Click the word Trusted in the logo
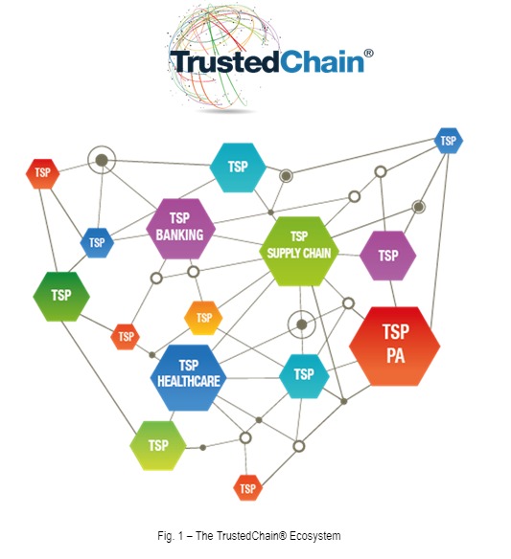(x=224, y=61)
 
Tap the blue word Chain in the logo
(x=322, y=61)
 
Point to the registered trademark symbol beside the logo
(x=368, y=54)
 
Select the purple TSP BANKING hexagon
(x=180, y=229)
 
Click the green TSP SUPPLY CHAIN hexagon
(x=299, y=251)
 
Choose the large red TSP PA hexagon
(x=395, y=347)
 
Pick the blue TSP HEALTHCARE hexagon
(x=189, y=377)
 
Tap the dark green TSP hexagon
(x=61, y=297)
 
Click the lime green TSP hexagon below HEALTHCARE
(x=158, y=446)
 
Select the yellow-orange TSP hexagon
(x=203, y=318)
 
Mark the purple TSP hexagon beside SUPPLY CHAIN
(x=387, y=256)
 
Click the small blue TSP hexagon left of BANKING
(x=97, y=243)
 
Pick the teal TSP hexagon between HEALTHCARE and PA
(x=304, y=376)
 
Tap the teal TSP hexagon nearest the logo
(x=238, y=168)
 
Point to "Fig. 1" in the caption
(x=171, y=536)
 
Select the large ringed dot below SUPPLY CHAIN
(x=302, y=324)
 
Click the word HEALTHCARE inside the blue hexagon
(x=189, y=381)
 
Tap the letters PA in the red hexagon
(x=396, y=355)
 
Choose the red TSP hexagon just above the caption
(x=247, y=488)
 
